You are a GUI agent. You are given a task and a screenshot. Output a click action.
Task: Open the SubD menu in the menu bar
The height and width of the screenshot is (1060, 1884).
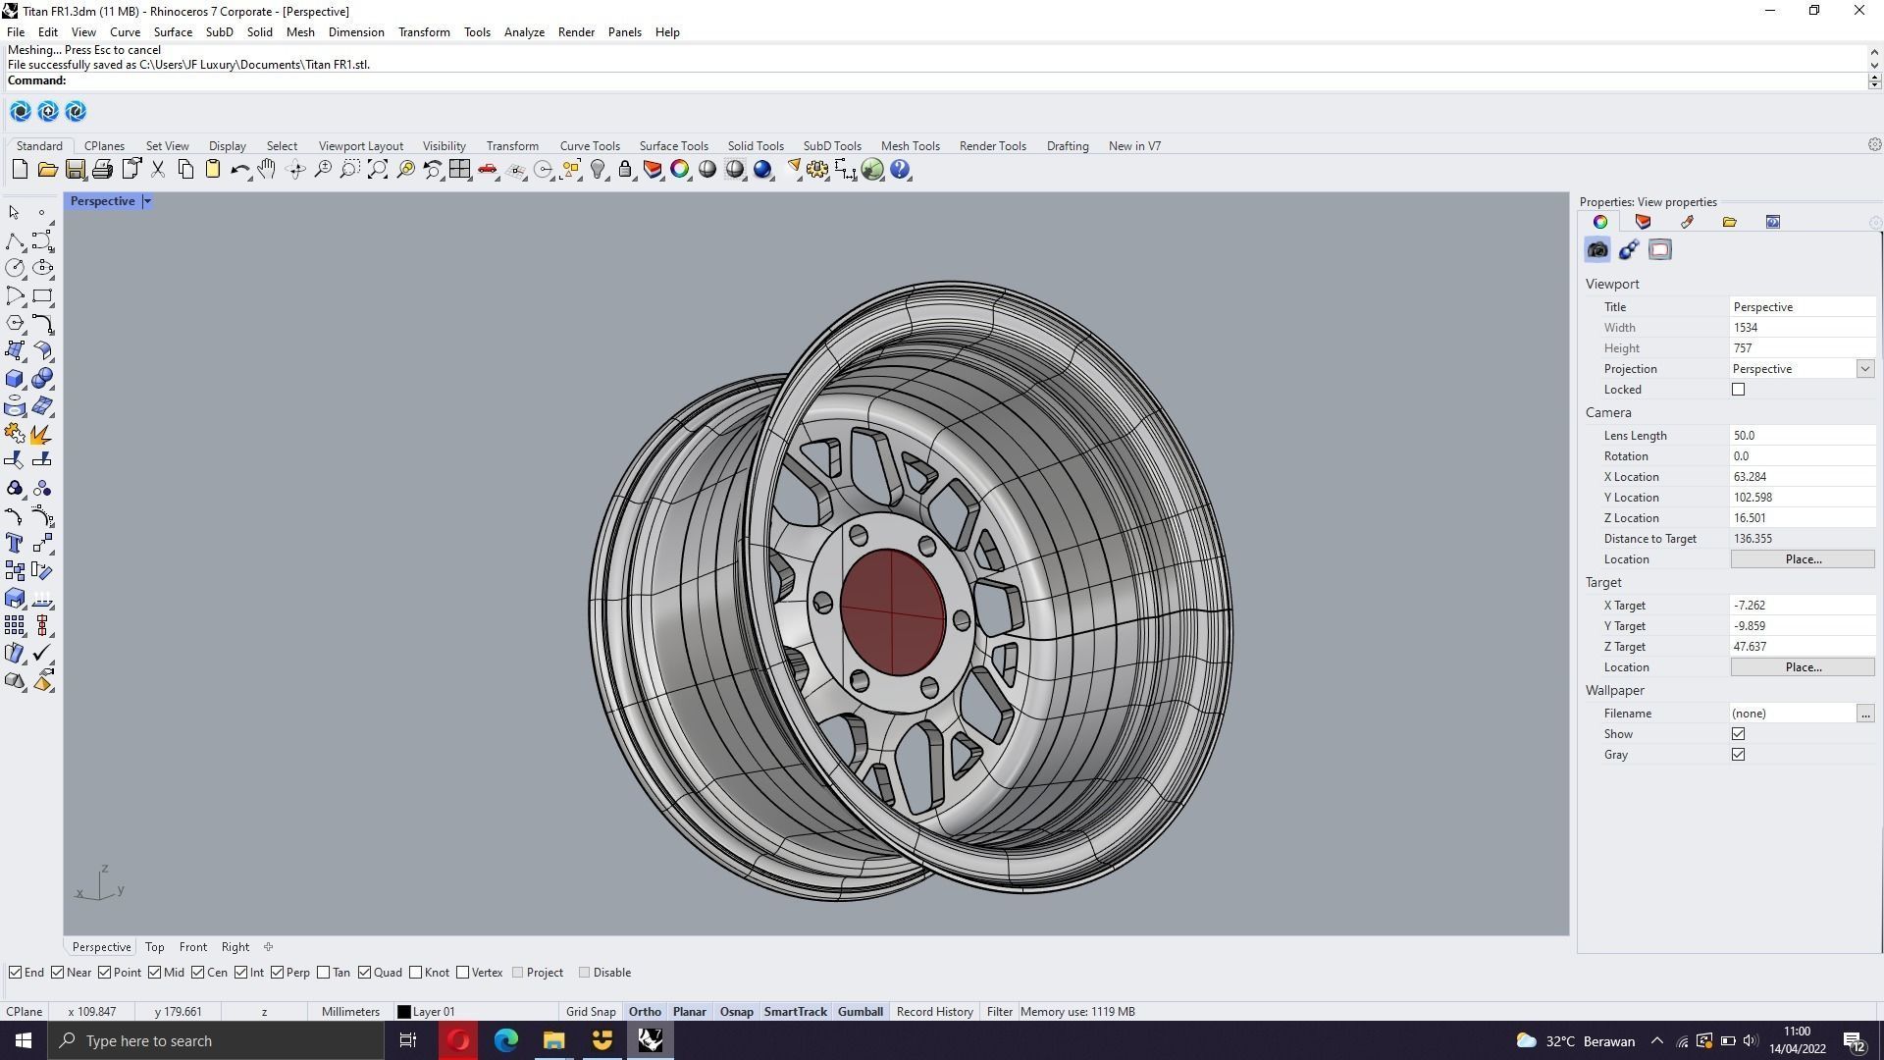[219, 32]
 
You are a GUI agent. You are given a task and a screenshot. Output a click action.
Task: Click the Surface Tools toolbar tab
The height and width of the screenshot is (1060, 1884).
[673, 146]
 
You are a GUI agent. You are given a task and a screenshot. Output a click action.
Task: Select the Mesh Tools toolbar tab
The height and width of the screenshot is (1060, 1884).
[910, 146]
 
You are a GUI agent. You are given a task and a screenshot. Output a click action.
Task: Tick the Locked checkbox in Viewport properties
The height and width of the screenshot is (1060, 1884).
[1738, 390]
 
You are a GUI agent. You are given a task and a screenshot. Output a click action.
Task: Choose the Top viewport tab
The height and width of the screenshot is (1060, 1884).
[154, 947]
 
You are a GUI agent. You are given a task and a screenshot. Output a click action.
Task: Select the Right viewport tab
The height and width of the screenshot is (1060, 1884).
[235, 947]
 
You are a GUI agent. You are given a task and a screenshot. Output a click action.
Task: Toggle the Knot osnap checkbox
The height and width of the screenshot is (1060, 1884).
[416, 973]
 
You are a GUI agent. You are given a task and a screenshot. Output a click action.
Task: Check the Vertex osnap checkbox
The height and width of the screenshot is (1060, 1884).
[463, 973]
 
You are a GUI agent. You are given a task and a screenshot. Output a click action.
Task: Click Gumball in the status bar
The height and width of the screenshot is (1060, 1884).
[860, 1012]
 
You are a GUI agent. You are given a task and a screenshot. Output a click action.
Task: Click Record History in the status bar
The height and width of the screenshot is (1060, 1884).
[934, 1012]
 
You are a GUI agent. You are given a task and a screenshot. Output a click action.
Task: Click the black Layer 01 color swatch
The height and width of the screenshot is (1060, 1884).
[403, 1012]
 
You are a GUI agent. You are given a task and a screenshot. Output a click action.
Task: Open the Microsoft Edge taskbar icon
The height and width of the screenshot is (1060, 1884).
[505, 1040]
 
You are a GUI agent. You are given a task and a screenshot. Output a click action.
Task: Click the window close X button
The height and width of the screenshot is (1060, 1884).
[1858, 11]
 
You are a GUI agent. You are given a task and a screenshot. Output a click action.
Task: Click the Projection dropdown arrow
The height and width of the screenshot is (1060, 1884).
[1864, 369]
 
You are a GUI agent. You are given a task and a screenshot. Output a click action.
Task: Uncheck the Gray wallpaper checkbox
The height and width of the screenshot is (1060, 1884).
[1738, 755]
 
